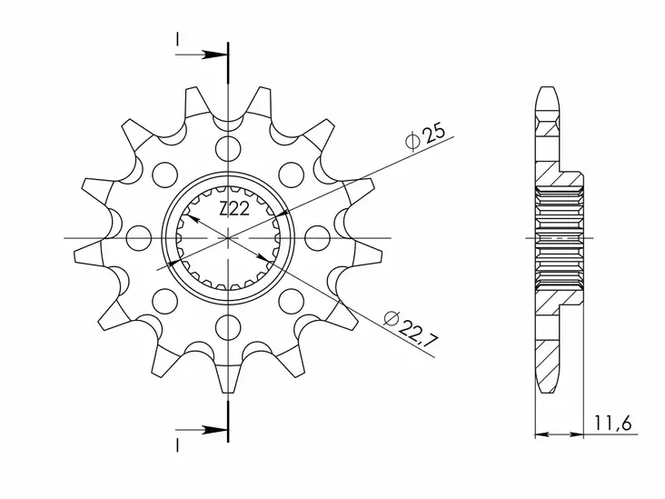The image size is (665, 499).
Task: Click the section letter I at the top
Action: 177,40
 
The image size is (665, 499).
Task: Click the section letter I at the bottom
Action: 177,443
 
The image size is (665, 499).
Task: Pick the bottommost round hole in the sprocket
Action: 227,326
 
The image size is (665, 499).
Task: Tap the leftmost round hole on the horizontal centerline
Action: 138,238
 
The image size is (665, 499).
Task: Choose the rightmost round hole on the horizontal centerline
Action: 316,238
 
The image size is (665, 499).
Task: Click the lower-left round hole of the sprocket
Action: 164,301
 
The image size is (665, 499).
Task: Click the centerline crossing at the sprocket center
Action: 227,238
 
